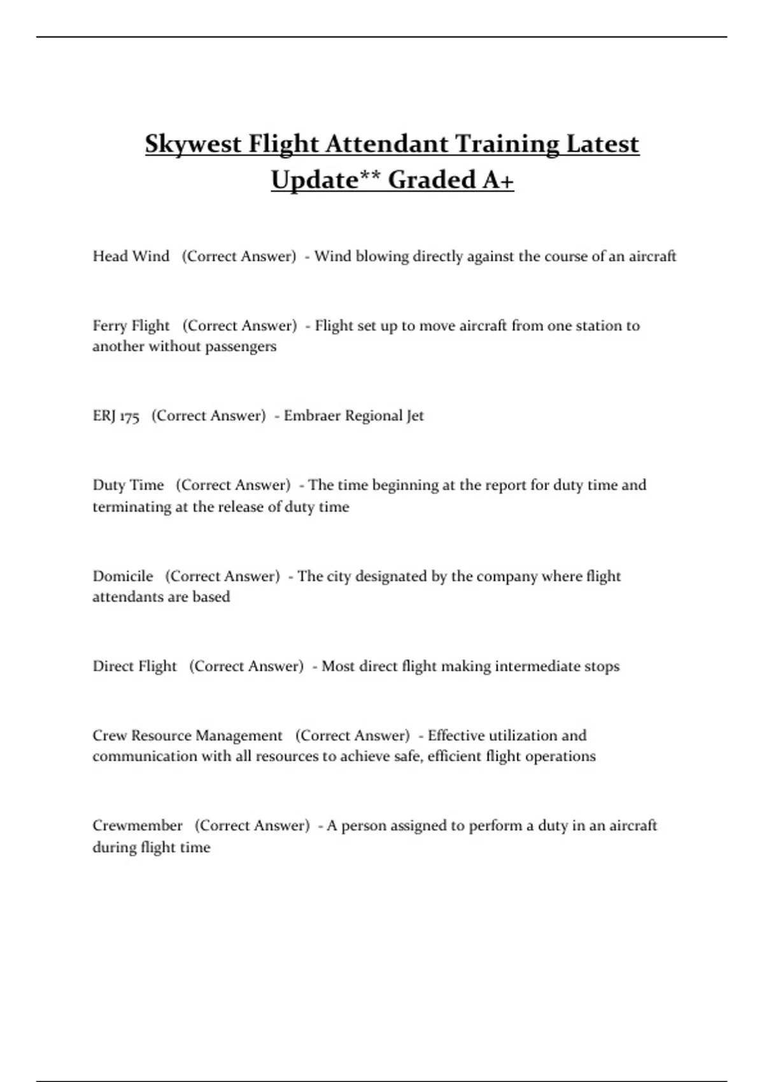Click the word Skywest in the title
point(193,144)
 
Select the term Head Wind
point(131,256)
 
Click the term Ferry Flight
point(131,326)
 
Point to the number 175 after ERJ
point(129,416)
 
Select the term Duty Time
point(128,485)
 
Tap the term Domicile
point(123,576)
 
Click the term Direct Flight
point(134,666)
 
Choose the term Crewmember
point(138,826)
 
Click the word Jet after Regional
point(415,416)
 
